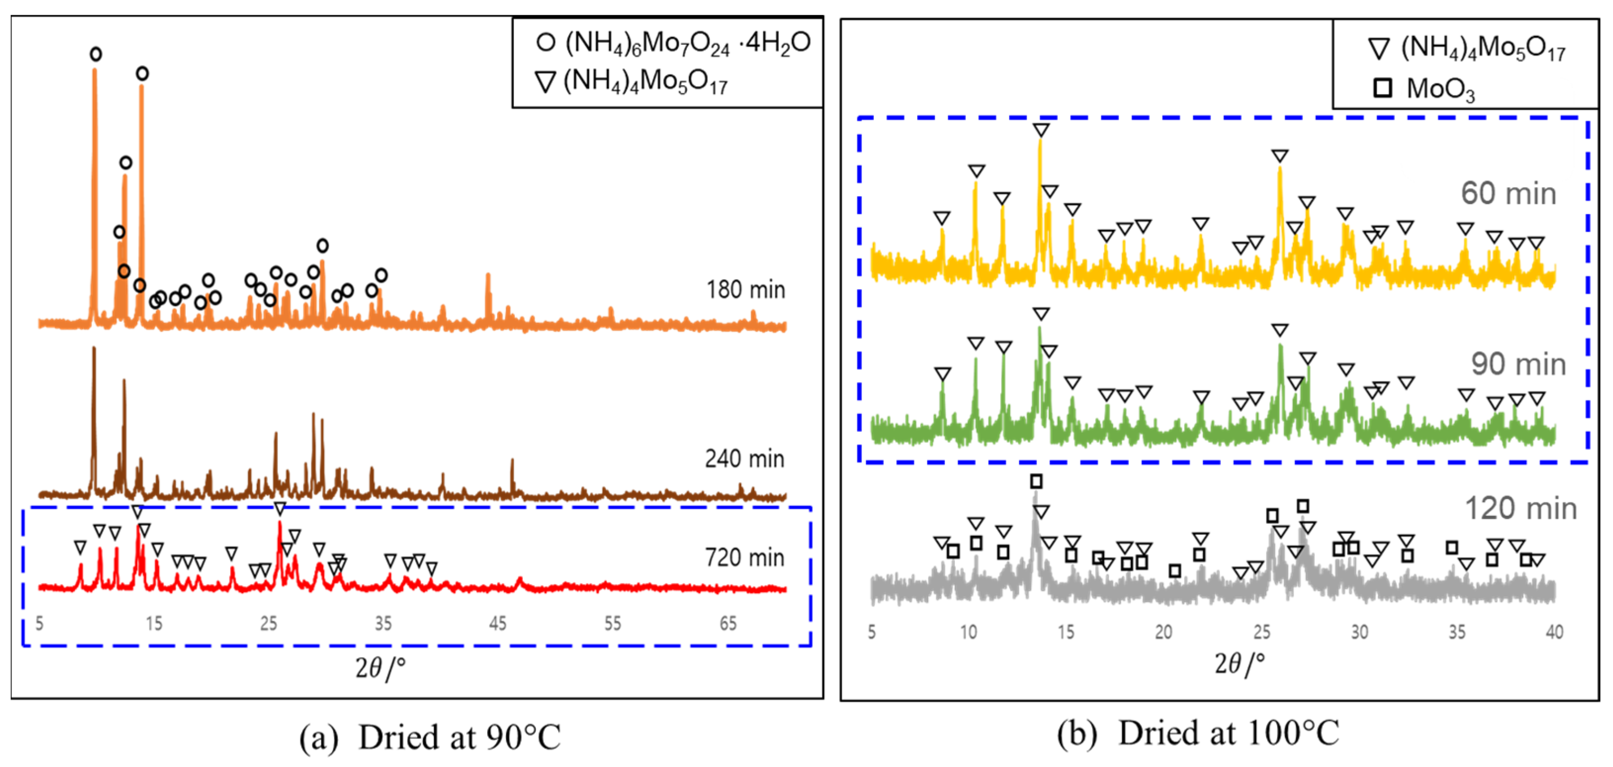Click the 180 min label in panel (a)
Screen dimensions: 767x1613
click(x=745, y=290)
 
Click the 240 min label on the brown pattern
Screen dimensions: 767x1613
click(x=744, y=459)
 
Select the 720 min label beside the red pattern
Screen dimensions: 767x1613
click(x=744, y=557)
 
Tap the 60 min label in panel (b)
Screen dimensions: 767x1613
click(x=1508, y=193)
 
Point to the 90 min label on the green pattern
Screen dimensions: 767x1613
click(x=1518, y=364)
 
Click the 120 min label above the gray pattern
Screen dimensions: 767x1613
click(x=1520, y=509)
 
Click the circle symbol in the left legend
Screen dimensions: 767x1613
click(x=546, y=43)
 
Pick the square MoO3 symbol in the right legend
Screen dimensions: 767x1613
click(x=1382, y=88)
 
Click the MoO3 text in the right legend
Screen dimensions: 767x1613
click(x=1440, y=89)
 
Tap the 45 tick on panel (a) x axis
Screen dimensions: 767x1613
click(x=498, y=624)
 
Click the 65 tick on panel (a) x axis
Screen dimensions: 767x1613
click(x=727, y=624)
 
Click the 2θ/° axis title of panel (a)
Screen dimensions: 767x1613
click(x=380, y=669)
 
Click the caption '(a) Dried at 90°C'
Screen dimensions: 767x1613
click(x=429, y=737)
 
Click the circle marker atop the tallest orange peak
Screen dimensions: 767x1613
click(x=95, y=54)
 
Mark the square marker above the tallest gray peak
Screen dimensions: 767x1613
click(x=1036, y=481)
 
